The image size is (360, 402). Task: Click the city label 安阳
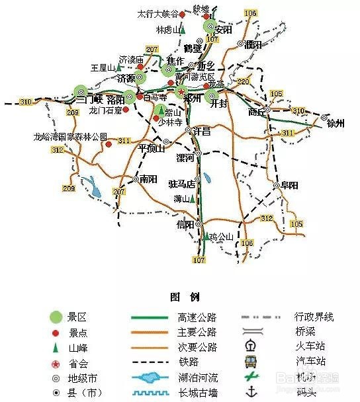point(224,30)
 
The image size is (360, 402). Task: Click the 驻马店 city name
point(181,183)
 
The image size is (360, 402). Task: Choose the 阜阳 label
point(289,185)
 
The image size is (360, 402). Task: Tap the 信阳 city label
point(186,224)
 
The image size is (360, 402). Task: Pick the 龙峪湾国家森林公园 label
point(70,137)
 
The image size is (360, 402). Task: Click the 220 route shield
point(244,82)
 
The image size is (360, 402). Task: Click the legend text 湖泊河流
point(197,378)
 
